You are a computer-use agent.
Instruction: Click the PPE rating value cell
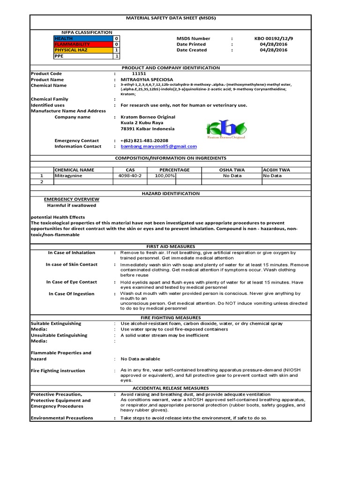point(116,56)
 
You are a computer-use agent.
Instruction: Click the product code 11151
point(139,74)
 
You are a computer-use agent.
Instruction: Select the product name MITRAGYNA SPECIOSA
point(147,80)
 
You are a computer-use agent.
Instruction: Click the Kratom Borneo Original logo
point(226,129)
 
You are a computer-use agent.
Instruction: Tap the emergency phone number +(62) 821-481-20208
point(144,141)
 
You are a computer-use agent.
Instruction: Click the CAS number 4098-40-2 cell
point(130,176)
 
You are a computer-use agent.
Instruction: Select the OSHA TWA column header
point(232,170)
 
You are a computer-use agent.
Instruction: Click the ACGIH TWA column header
point(277,170)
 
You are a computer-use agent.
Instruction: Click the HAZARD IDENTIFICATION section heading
point(170,193)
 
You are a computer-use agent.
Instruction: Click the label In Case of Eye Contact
point(72,282)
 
